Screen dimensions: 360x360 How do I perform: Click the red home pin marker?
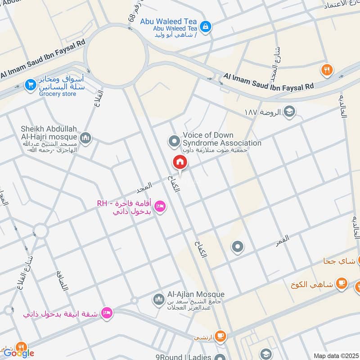[180, 162]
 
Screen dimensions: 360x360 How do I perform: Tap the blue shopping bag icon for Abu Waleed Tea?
[205, 27]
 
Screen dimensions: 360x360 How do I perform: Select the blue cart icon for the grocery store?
[31, 85]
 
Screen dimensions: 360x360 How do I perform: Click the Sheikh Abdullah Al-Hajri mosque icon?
[85, 138]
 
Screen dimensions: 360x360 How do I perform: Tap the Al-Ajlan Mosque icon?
[158, 299]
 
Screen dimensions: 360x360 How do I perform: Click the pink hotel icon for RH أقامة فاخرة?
[159, 207]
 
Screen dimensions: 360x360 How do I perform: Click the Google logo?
[19, 353]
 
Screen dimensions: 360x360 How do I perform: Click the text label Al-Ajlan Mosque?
[196, 294]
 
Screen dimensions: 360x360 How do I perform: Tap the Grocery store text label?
[58, 94]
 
